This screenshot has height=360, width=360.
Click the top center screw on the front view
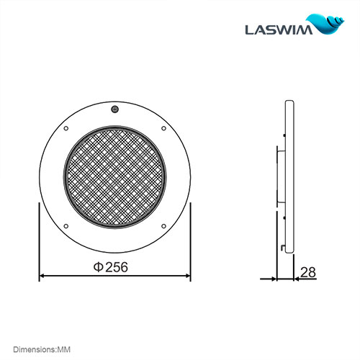114,109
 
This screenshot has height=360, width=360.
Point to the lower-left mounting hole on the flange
66,227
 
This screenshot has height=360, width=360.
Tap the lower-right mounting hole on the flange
163,227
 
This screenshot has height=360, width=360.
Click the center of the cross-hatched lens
114,178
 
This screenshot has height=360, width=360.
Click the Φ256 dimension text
111,266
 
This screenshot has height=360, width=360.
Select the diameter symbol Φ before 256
98,266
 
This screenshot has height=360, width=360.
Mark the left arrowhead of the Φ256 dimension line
42,276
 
